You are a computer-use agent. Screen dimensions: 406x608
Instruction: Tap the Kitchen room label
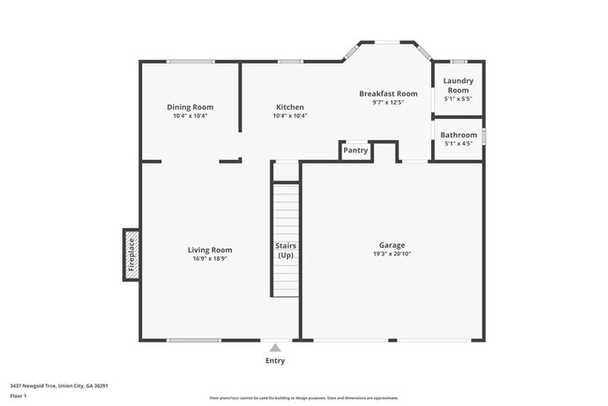point(289,107)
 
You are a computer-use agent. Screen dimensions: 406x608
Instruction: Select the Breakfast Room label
point(388,94)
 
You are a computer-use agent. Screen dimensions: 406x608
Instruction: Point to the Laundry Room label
point(457,85)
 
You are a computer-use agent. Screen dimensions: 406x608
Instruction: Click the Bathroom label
point(458,135)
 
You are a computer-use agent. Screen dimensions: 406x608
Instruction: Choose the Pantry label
point(355,150)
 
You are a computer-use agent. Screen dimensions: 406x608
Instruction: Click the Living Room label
point(210,250)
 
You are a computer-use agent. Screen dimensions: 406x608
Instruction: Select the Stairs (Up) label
point(285,250)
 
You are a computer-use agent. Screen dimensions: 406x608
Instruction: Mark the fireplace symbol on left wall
point(132,254)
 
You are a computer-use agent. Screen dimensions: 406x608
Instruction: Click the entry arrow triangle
point(275,347)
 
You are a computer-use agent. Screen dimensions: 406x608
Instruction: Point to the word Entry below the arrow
point(275,361)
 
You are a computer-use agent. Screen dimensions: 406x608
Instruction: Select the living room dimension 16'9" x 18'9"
point(210,259)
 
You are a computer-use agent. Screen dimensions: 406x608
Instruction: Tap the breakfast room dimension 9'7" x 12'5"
point(388,103)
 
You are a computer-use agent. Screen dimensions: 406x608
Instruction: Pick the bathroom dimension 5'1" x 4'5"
point(458,144)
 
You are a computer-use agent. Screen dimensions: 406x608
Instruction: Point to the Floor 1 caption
point(20,396)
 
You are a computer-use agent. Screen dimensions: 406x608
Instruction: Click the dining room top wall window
point(191,62)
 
